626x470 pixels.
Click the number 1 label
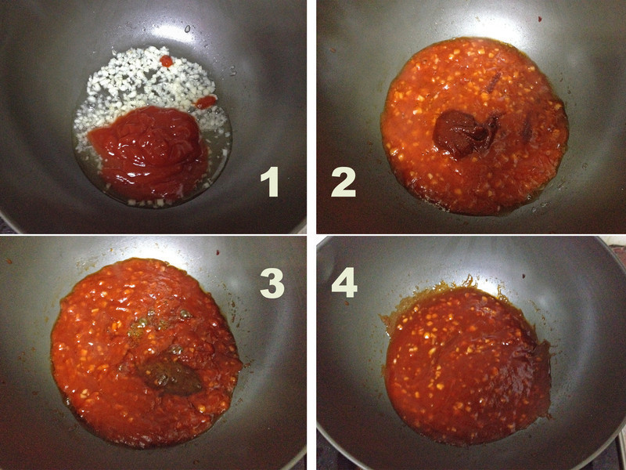point(269,182)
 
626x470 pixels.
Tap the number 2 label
point(344,183)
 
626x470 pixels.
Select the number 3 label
point(272,283)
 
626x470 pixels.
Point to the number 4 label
point(344,283)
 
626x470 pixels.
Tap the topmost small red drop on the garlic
point(167,61)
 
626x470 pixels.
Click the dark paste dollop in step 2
point(463,134)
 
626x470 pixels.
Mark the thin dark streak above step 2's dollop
point(494,82)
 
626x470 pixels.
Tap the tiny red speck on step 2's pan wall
point(540,19)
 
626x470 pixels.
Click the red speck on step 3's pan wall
point(218,252)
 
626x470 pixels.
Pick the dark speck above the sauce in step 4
point(523,276)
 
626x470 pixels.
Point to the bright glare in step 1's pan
point(175,33)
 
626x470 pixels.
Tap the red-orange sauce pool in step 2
point(474,126)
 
